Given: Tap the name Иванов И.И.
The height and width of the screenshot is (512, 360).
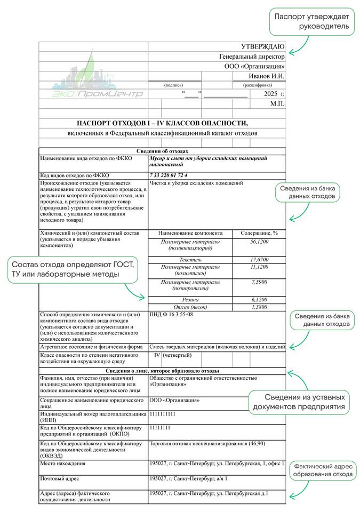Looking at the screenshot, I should tap(267, 76).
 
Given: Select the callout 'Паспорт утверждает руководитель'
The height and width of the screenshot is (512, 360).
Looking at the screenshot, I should tap(312, 21).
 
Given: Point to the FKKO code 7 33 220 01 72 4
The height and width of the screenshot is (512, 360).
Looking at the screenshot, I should tap(169, 175).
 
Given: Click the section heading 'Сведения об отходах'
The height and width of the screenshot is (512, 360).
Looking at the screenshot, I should tap(162, 151).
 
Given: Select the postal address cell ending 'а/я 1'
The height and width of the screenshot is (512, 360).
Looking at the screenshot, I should tap(189, 478).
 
